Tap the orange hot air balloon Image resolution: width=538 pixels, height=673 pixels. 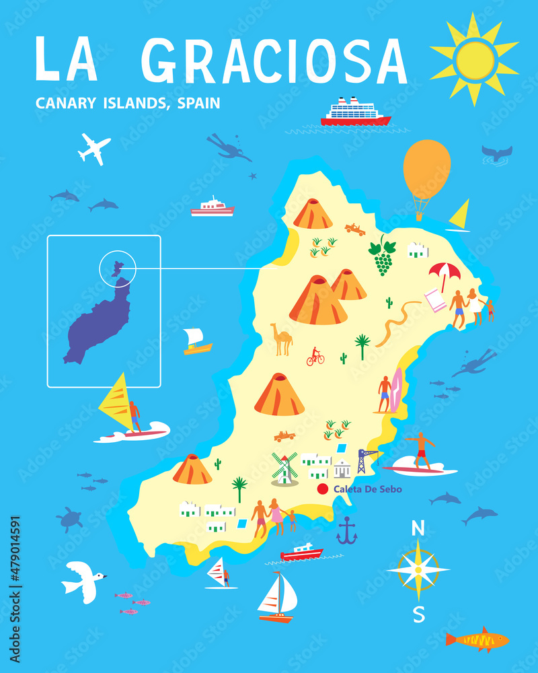point(426,172)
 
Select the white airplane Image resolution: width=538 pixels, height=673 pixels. point(93,148)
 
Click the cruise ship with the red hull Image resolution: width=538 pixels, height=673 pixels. point(355,113)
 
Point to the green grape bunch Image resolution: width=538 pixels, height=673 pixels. point(383,256)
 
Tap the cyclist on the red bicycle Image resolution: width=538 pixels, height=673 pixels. point(315,357)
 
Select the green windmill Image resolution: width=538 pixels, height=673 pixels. point(284,468)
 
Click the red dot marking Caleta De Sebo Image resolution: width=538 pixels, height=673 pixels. point(322,489)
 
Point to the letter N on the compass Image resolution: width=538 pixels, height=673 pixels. point(418,529)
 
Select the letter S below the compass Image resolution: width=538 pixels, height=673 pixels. point(419,614)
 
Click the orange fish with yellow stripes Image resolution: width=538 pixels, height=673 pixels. point(477,639)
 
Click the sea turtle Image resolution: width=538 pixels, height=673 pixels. point(69,519)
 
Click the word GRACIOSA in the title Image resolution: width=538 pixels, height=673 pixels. point(274,61)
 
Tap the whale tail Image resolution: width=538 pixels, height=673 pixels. point(497,153)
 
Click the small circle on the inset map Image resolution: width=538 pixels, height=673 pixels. point(118,267)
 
